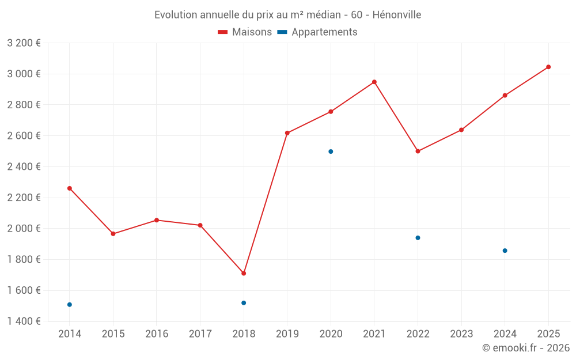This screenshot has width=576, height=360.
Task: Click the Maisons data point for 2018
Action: click(244, 273)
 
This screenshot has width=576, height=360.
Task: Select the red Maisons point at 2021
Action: click(374, 82)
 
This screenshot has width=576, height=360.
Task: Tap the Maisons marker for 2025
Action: click(548, 67)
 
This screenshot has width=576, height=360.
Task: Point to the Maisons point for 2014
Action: click(70, 188)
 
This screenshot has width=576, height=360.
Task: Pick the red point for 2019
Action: click(287, 133)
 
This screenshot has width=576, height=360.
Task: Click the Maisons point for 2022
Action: click(418, 151)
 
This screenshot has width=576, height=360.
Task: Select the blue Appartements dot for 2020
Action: click(331, 151)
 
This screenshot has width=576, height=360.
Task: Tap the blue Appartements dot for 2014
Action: click(70, 304)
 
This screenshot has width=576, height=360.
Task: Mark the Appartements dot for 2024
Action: click(505, 251)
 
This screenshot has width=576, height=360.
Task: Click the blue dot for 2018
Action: click(244, 302)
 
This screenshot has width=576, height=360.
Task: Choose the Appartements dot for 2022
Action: click(418, 237)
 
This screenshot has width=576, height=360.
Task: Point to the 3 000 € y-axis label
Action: click(24, 74)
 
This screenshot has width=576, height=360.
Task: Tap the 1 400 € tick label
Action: click(24, 321)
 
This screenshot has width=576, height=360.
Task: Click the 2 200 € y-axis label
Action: click(24, 198)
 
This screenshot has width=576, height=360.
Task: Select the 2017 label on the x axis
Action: click(200, 334)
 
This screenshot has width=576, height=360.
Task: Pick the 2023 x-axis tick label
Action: click(461, 334)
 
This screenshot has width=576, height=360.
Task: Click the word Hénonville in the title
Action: click(397, 14)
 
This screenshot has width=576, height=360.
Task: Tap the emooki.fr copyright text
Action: click(526, 348)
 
